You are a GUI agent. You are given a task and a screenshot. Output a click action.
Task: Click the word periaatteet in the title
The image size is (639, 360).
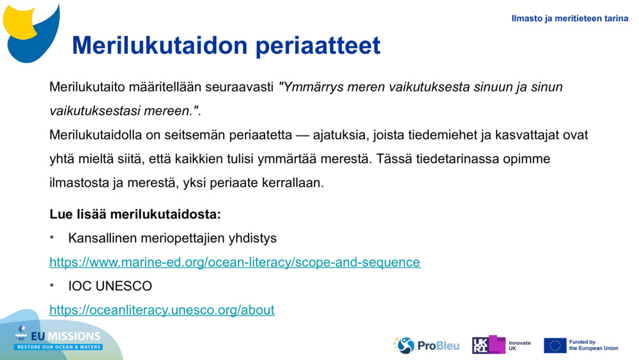(x=318, y=45)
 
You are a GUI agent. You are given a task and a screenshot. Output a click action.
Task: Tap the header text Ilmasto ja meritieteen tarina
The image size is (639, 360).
(x=569, y=19)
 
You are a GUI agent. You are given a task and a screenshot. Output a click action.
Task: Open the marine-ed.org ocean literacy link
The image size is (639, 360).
(x=235, y=262)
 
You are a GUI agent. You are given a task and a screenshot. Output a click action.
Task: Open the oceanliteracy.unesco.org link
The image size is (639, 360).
(x=162, y=310)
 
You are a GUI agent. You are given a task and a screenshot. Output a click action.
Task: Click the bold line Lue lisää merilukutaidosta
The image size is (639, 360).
(x=135, y=214)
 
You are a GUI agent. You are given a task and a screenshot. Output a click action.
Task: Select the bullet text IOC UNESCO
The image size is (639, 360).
(x=110, y=286)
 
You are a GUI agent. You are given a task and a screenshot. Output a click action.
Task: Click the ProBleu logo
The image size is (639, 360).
(x=427, y=345)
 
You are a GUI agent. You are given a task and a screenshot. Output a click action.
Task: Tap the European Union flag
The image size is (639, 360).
(x=555, y=345)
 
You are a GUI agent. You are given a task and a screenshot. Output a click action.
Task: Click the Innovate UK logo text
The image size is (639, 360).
(x=519, y=345)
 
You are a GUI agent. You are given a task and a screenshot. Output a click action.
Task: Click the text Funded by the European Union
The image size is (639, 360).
(x=593, y=345)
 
